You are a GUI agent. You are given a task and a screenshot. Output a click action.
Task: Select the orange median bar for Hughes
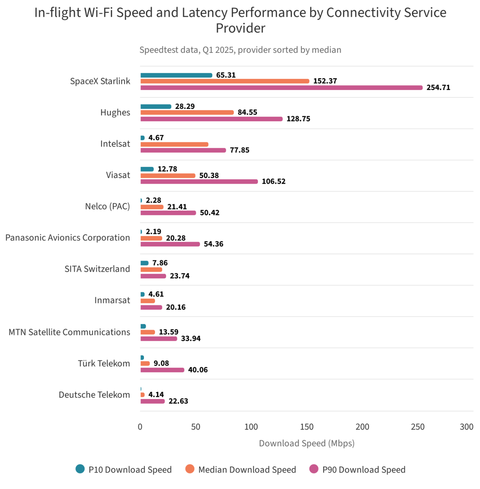click(x=187, y=112)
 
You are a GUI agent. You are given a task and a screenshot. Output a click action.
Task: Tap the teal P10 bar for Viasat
click(x=147, y=169)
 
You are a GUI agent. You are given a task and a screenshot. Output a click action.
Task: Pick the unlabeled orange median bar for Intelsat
click(x=174, y=144)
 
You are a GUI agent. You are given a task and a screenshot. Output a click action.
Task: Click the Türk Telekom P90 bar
click(x=162, y=370)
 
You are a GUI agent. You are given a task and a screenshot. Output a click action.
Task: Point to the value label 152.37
click(x=325, y=81)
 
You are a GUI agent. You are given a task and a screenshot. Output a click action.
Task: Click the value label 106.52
click(x=273, y=181)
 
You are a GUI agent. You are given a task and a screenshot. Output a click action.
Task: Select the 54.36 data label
click(x=214, y=244)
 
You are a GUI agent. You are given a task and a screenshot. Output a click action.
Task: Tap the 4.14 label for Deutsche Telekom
click(x=156, y=394)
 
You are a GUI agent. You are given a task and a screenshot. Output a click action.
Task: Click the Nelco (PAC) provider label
click(x=107, y=206)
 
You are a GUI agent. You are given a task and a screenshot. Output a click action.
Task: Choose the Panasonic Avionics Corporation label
click(x=68, y=238)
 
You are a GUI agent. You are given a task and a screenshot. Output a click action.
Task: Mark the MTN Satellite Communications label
click(x=70, y=332)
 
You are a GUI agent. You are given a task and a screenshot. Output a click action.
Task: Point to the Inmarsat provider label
click(x=112, y=300)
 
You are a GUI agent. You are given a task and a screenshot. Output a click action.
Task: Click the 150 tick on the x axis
click(x=307, y=427)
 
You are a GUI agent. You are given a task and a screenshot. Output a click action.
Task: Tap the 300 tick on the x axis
click(x=467, y=427)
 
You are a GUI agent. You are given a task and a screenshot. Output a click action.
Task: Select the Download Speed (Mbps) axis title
click(x=307, y=443)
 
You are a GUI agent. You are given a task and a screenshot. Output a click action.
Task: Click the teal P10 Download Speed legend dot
click(x=80, y=469)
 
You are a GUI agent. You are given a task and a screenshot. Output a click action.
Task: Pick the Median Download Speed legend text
click(x=247, y=470)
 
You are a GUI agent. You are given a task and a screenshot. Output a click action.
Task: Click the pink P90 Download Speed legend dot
click(x=314, y=469)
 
